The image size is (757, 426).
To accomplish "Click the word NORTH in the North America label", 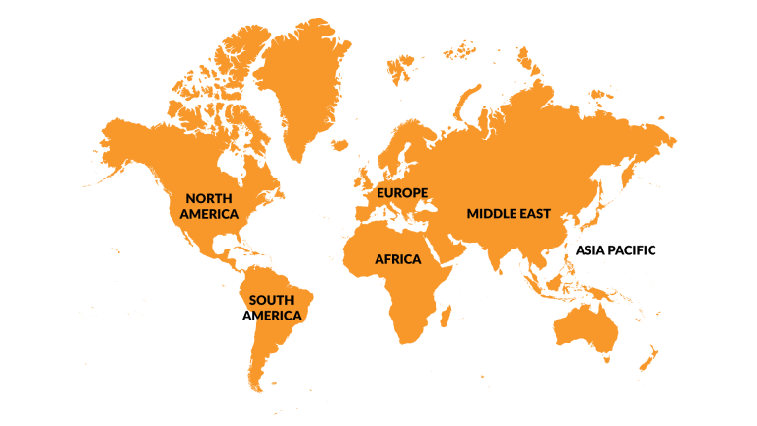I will (x=209, y=198).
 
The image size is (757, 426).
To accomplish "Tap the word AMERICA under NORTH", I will (x=209, y=214).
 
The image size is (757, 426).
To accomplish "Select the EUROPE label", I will (x=402, y=192).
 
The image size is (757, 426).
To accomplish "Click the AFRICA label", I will (x=397, y=259).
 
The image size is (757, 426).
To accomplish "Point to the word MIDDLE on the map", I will (x=492, y=213).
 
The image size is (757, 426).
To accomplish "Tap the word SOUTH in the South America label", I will (x=271, y=300).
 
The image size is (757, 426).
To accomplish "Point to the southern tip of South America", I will (x=258, y=387).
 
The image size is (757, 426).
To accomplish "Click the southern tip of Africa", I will (x=404, y=340).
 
